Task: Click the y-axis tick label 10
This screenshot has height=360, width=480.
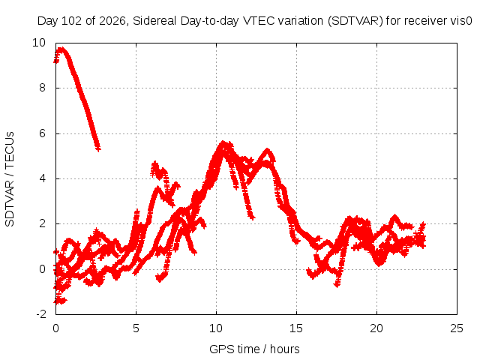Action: (39, 43)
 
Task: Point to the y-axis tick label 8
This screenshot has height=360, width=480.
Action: (42, 88)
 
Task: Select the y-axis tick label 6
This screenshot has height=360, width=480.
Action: (42, 133)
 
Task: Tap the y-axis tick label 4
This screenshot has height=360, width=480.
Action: (42, 178)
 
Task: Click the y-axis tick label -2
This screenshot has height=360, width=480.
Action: (41, 314)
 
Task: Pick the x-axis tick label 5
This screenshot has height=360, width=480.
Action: (136, 328)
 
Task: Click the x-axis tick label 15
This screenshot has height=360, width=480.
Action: (296, 328)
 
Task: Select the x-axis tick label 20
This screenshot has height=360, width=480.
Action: (376, 328)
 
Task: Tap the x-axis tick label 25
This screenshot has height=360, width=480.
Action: (457, 328)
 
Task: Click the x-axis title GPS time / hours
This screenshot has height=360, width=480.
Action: (254, 349)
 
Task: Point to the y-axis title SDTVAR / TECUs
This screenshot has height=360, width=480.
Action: (10, 179)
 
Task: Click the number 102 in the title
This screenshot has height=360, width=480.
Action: (72, 21)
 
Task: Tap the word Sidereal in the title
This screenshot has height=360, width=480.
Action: (154, 21)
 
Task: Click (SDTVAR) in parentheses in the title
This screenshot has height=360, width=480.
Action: (355, 21)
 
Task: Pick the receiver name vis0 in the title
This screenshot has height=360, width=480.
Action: (461, 21)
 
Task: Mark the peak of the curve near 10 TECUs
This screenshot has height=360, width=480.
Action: (61, 49)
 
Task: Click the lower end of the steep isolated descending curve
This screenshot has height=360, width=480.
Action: (98, 149)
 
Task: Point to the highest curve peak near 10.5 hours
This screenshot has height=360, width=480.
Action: (223, 142)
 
